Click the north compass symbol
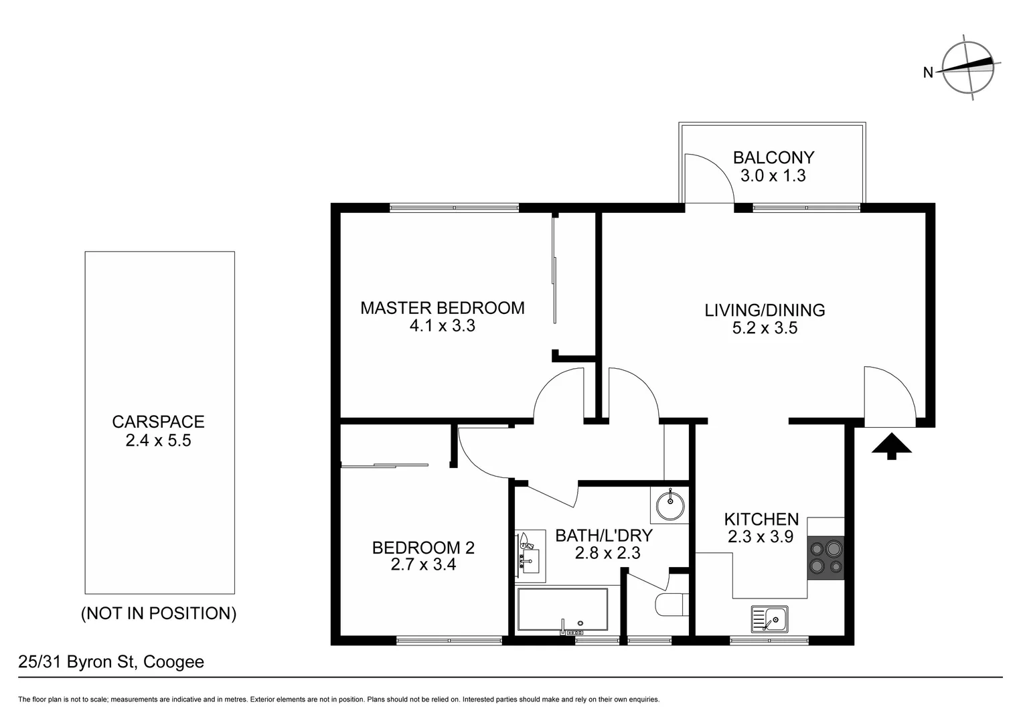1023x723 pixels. pyautogui.click(x=968, y=68)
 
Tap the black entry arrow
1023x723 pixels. pyautogui.click(x=891, y=446)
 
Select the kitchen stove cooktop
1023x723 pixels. pyautogui.click(x=825, y=558)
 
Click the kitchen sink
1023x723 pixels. pyautogui.click(x=770, y=619)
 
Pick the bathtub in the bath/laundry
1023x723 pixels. pyautogui.click(x=562, y=610)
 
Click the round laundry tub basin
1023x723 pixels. pyautogui.click(x=670, y=505)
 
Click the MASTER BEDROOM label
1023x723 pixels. pyautogui.click(x=443, y=308)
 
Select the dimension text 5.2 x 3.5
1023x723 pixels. pyautogui.click(x=765, y=328)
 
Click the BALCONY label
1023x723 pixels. pyautogui.click(x=773, y=158)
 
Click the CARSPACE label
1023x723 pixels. pyautogui.click(x=158, y=422)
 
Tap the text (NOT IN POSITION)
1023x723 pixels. pyautogui.click(x=159, y=613)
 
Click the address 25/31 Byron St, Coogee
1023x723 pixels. pyautogui.click(x=111, y=662)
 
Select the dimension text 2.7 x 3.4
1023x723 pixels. pyautogui.click(x=423, y=565)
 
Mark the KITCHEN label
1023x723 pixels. pyautogui.click(x=761, y=519)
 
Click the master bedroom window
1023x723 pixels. pyautogui.click(x=454, y=208)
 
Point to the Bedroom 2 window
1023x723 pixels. pyautogui.click(x=449, y=641)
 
